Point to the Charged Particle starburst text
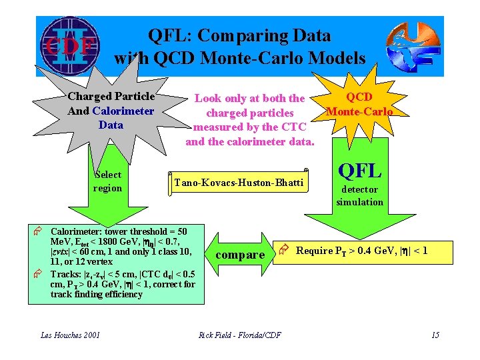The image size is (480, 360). click(x=111, y=97)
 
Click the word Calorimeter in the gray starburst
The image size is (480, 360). click(x=123, y=111)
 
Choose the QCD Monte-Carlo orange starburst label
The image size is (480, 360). click(x=359, y=104)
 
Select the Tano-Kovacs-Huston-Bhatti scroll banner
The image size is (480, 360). click(x=239, y=182)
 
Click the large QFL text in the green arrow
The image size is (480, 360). click(x=360, y=171)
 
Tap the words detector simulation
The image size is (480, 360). click(x=360, y=196)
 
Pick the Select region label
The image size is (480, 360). click(x=107, y=181)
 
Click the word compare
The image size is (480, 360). click(x=240, y=255)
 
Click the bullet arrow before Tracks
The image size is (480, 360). click(x=39, y=274)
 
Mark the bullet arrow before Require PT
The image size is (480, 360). click(x=283, y=250)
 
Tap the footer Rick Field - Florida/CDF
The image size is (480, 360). click(x=240, y=335)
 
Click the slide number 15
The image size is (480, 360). click(x=435, y=335)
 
